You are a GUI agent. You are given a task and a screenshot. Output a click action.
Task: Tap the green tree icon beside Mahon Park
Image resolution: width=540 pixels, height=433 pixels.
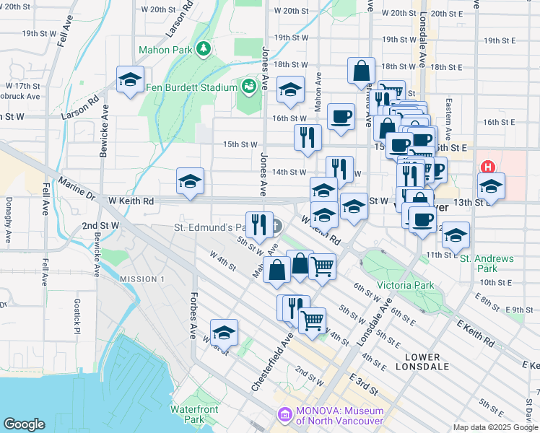click(204, 48)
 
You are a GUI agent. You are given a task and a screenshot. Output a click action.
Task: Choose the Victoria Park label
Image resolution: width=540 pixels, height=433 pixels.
click(405, 285)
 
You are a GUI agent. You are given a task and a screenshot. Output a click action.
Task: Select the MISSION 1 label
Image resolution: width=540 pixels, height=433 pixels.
click(142, 279)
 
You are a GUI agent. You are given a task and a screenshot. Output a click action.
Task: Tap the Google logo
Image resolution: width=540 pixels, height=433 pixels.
click(24, 424)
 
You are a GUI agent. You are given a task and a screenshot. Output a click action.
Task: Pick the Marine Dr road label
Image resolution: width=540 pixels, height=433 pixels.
click(77, 189)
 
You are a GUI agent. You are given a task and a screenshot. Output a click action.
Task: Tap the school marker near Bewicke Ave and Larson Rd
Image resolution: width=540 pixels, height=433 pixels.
click(130, 79)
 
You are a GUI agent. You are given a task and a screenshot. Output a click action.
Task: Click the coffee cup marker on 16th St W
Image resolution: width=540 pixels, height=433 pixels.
click(341, 115)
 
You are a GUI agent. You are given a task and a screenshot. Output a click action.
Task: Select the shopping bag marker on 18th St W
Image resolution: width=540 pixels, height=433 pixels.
click(361, 71)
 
